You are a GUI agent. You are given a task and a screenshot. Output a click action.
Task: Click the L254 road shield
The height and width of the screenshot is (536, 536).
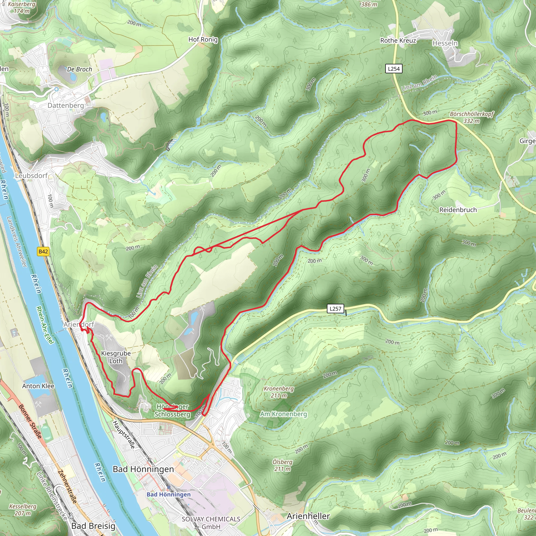coord(394,69)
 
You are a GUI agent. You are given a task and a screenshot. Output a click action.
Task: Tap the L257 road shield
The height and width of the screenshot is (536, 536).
coord(336,309)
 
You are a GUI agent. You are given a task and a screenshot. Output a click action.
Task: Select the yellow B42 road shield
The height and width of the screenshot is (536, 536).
coord(43,252)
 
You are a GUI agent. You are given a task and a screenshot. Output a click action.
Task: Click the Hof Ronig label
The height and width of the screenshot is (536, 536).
coord(203,40)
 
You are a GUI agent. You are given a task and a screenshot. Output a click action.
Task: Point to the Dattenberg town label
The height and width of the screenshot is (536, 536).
coord(66,105)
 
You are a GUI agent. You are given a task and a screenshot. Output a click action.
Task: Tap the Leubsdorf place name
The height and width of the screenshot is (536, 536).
coord(31,176)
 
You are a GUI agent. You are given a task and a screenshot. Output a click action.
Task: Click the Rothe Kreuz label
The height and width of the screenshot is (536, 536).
coord(398,41)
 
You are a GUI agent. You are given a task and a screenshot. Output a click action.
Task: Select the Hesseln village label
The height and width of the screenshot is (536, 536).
coord(445,43)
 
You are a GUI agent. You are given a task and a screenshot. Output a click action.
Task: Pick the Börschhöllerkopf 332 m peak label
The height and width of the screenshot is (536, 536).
coord(472,117)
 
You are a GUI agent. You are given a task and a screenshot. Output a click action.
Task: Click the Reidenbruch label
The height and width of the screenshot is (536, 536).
coord(458,210)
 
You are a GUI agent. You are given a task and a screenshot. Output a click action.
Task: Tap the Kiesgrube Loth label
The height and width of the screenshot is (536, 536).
coord(116,357)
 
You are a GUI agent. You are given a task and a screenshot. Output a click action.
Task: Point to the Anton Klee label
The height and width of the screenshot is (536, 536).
coord(38,386)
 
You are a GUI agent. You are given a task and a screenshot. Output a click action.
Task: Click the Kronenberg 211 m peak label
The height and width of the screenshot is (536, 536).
coord(278,392)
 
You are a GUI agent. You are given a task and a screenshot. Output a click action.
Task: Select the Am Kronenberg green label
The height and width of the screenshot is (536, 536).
coord(283,414)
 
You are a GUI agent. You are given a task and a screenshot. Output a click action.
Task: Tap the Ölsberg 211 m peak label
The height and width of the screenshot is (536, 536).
coord(282,465)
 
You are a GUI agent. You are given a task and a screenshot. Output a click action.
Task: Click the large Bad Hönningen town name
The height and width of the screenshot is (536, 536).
coord(143,469)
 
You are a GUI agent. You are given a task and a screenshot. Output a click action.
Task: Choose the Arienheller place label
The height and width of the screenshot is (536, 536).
coord(308,516)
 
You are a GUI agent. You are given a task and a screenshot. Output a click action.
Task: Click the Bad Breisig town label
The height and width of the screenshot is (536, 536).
coord(93,526)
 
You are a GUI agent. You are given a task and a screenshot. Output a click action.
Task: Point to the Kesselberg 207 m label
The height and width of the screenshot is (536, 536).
coord(23,510)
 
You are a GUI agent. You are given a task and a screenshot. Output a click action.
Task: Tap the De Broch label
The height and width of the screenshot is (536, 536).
coord(79,69)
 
